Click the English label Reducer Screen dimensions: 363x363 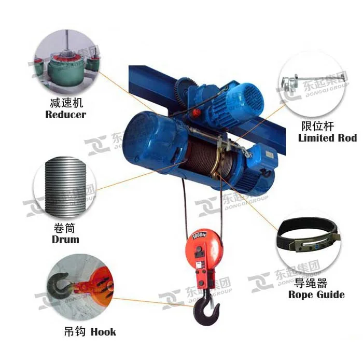[65, 115]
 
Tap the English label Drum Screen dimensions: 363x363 [65, 240]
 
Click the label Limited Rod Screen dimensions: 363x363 [327, 138]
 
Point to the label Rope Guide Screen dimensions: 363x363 [316, 295]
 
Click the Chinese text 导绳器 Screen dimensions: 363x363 [310, 283]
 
